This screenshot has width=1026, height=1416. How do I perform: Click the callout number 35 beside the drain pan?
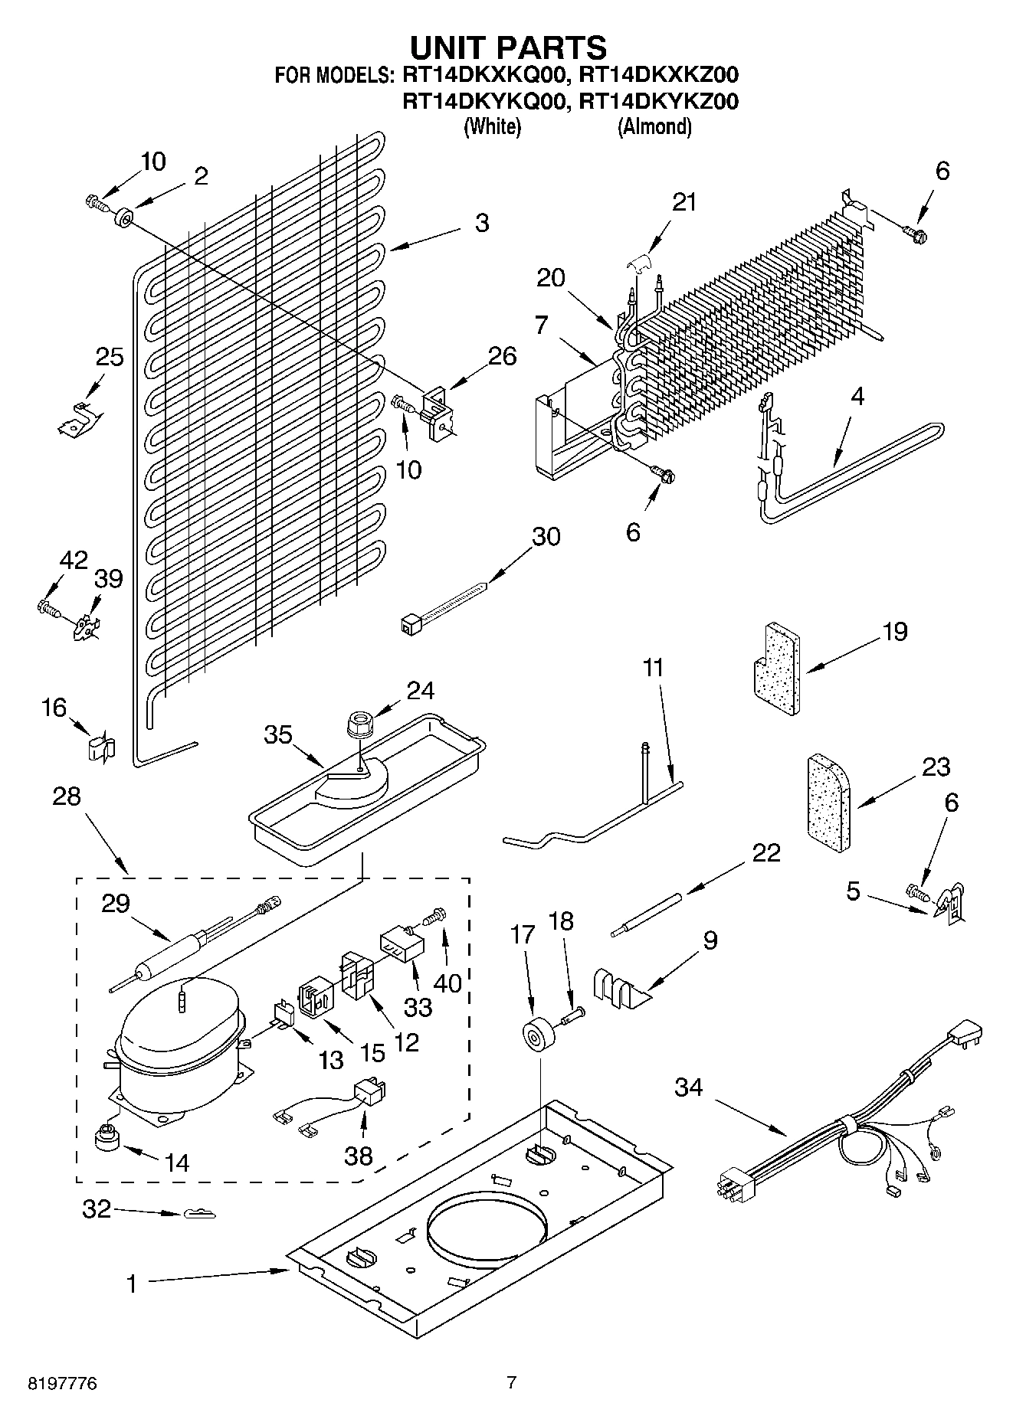click(x=277, y=734)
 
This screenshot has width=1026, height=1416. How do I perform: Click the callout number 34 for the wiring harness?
click(x=688, y=1087)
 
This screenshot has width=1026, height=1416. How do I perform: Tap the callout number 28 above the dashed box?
click(x=67, y=796)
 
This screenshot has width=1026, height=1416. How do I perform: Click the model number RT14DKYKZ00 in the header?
click(x=658, y=101)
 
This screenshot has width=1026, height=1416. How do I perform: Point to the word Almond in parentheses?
click(x=654, y=126)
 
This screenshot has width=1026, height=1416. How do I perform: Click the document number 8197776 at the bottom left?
click(x=62, y=1383)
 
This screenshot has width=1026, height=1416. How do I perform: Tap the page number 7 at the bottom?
click(x=512, y=1382)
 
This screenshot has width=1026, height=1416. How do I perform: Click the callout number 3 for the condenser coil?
click(x=481, y=223)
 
